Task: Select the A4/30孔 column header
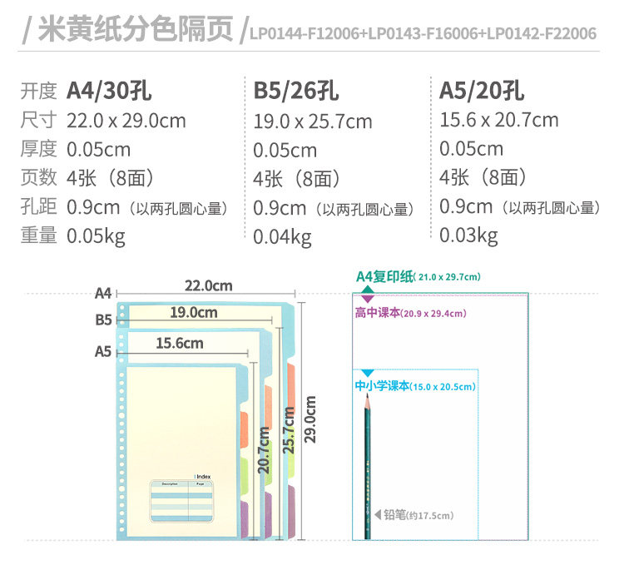click(109, 91)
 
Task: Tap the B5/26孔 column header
click(295, 91)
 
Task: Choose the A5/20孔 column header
click(482, 90)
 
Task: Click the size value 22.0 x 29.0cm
click(126, 121)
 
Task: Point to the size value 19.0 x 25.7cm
click(313, 121)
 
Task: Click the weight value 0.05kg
click(96, 235)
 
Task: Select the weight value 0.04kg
click(282, 237)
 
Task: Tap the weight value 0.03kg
click(468, 235)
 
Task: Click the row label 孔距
click(38, 207)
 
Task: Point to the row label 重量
click(38, 235)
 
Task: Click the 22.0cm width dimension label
click(208, 285)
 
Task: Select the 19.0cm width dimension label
click(193, 313)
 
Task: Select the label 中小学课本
click(382, 386)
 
